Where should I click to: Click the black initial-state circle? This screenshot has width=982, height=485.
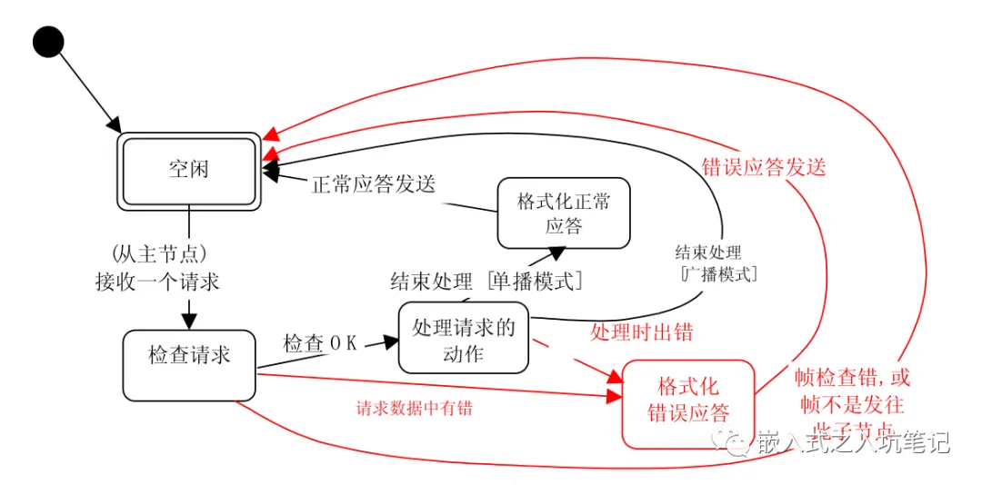(x=47, y=40)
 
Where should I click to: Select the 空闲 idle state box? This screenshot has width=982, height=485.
(x=189, y=171)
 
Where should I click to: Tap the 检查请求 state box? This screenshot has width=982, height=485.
(x=189, y=363)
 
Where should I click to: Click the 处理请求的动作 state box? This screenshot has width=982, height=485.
(x=463, y=337)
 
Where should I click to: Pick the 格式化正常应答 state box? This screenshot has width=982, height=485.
(x=563, y=213)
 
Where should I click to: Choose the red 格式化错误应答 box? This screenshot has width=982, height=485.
(x=688, y=403)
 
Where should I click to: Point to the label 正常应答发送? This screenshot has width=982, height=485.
(x=373, y=183)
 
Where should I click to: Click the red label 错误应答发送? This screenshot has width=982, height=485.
(x=764, y=167)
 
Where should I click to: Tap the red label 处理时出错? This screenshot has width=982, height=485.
(x=641, y=332)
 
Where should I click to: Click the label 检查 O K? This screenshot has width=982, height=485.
(x=320, y=343)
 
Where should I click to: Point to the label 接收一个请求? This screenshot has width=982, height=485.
(x=157, y=281)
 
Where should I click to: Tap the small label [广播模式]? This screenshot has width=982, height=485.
(x=718, y=273)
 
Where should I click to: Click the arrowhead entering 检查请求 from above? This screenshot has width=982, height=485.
(x=189, y=321)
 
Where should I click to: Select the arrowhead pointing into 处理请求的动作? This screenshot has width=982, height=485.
(x=391, y=341)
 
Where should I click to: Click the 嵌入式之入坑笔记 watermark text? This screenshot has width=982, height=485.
(x=850, y=442)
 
